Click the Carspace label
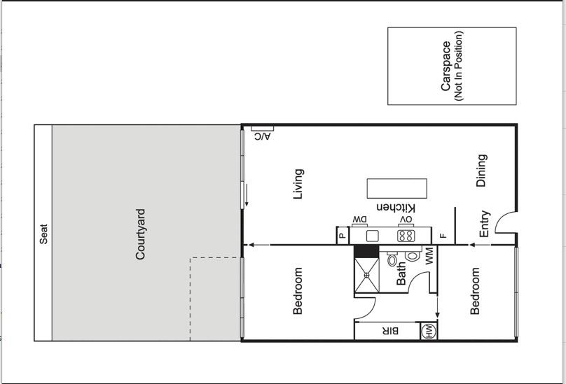coord(446,66)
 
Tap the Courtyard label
coord(140,234)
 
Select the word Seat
coord(43,234)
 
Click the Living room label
coord(298,184)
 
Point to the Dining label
coord(481,171)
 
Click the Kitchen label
coord(396,208)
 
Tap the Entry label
coord(485,224)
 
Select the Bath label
coord(401,273)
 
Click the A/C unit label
coord(263,136)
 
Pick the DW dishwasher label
coord(360,219)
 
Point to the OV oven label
coord(406,219)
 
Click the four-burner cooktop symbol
coord(406,236)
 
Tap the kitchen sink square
coord(372,236)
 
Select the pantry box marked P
coord(343,236)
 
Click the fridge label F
coord(443,236)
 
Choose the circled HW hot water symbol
coord(429,331)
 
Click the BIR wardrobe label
coord(390,331)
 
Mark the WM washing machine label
coord(429,255)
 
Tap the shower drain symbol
coord(367,275)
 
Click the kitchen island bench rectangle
coord(397,188)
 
